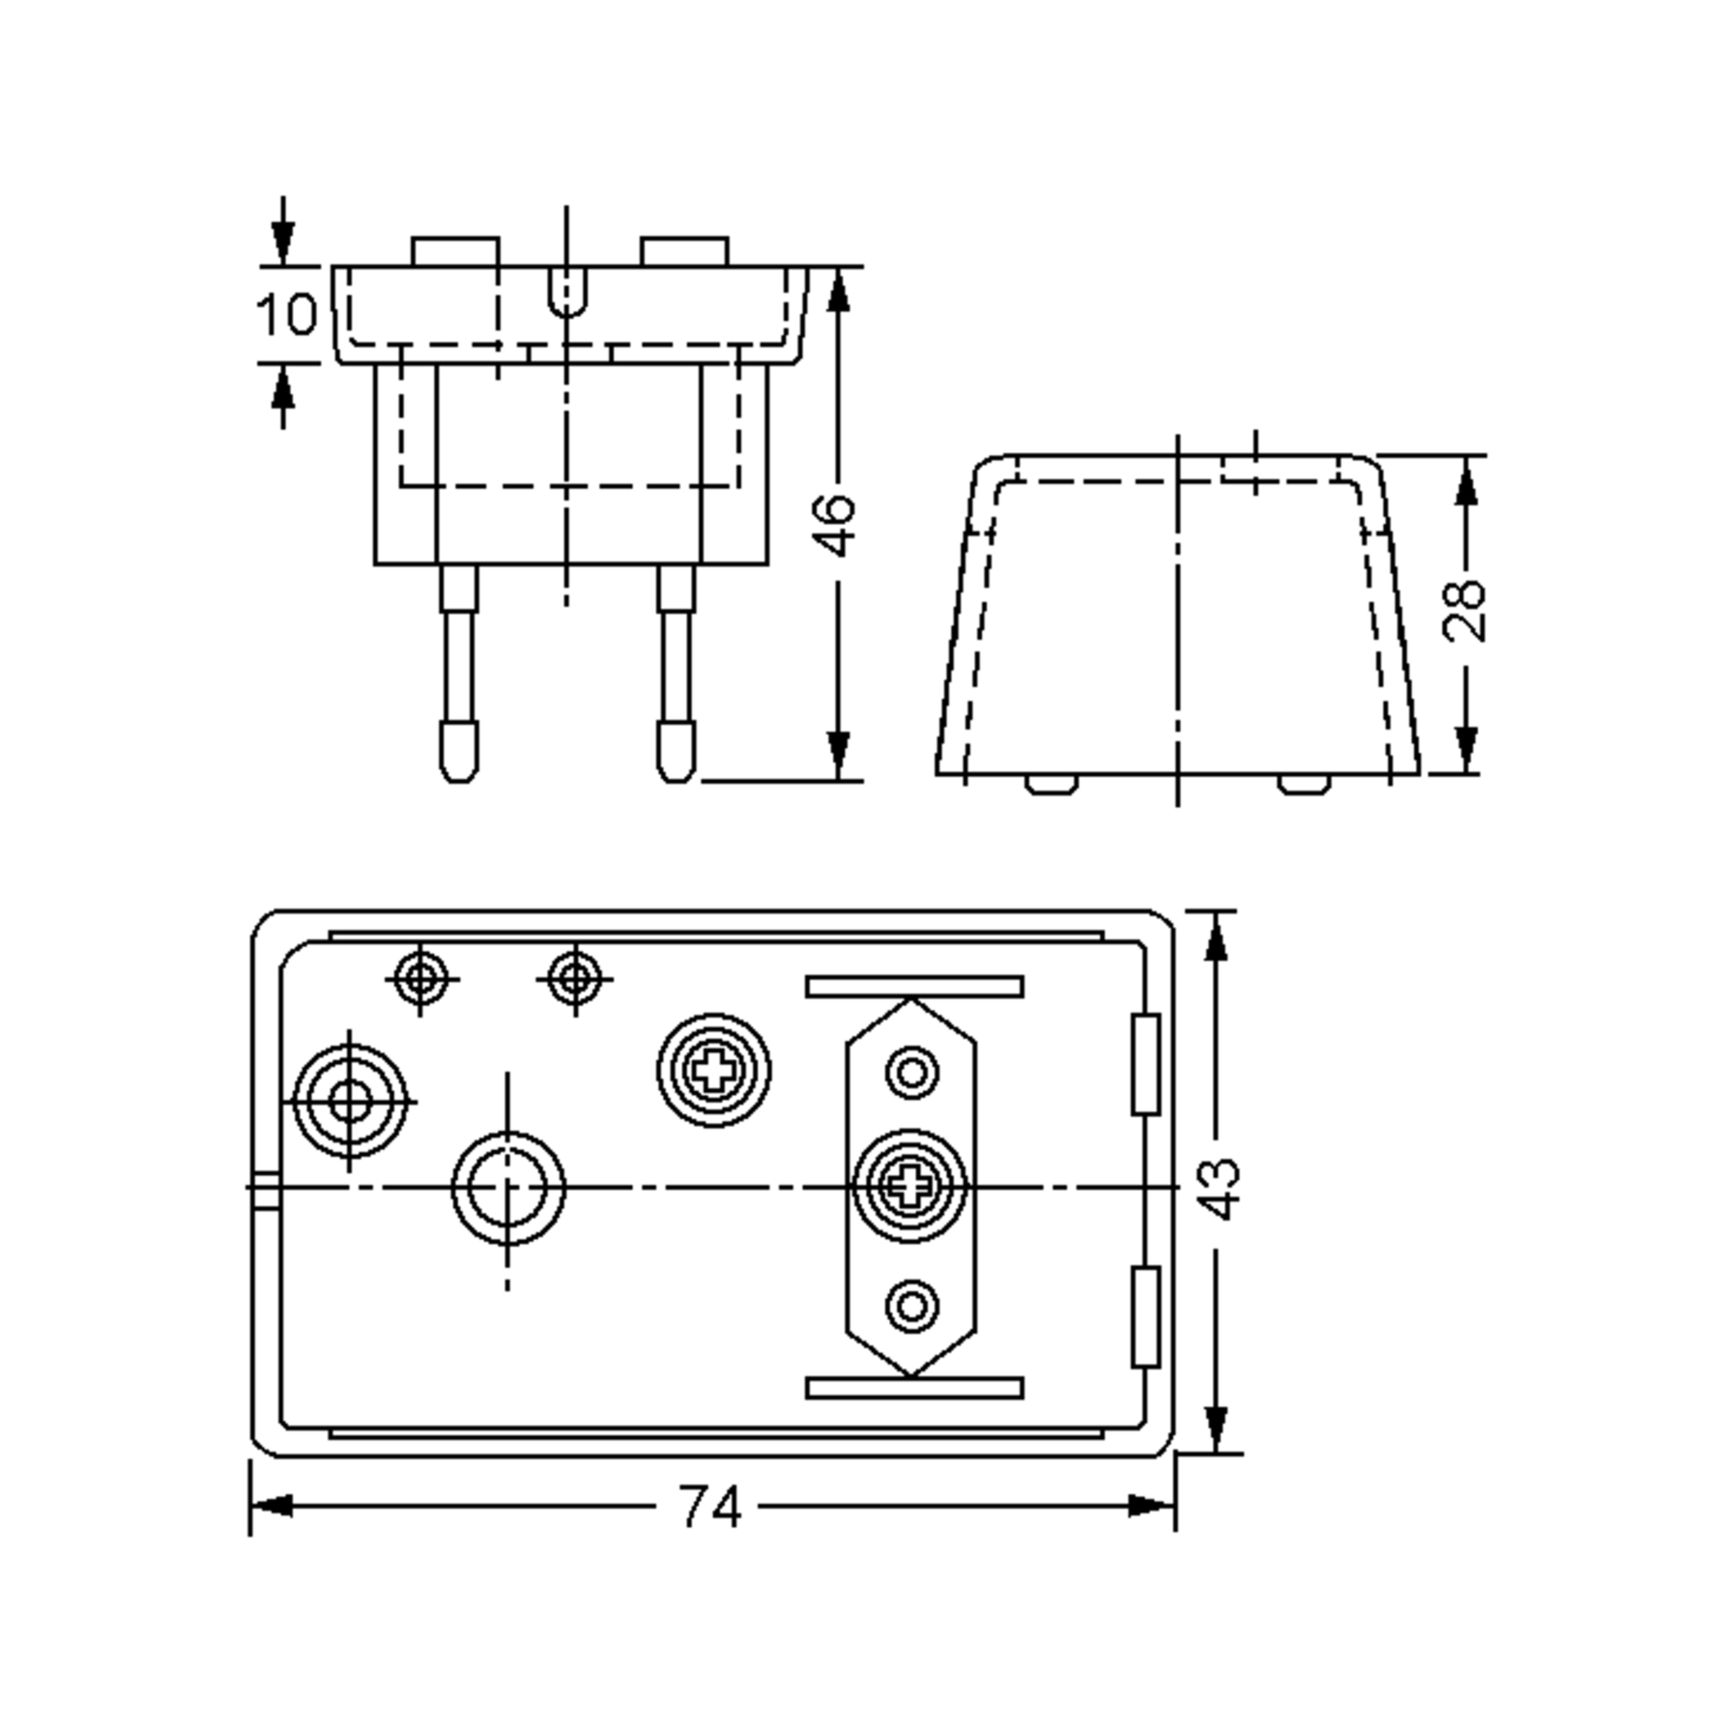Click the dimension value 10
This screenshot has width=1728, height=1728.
pyautogui.click(x=287, y=315)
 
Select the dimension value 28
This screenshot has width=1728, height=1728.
pyautogui.click(x=1464, y=612)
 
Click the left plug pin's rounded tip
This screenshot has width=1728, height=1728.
pyautogui.click(x=459, y=751)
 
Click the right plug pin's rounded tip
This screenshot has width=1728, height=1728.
pyautogui.click(x=676, y=751)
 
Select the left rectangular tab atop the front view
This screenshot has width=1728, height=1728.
pyautogui.click(x=455, y=251)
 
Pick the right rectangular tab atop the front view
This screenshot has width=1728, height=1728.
pyautogui.click(x=684, y=251)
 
